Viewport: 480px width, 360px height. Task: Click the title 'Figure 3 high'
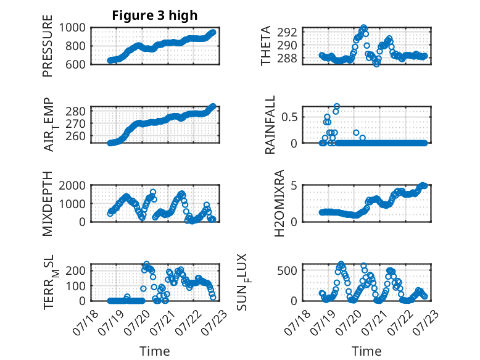(155, 15)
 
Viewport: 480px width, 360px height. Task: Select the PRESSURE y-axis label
(48, 46)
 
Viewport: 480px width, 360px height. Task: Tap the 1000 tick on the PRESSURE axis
(72, 28)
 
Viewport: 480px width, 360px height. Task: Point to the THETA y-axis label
(266, 46)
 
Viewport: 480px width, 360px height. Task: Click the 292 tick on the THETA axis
(287, 32)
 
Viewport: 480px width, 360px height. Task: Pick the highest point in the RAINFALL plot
(337, 107)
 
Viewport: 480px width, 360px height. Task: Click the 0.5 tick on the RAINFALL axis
(289, 117)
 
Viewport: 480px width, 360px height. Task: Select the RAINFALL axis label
(270, 125)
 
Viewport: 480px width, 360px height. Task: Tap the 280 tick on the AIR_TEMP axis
(75, 111)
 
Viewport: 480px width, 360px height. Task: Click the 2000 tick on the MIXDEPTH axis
(72, 185)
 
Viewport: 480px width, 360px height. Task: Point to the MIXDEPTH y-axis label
(48, 203)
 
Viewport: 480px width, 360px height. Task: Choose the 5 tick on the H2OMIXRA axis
(294, 185)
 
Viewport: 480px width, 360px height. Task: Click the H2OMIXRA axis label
(279, 203)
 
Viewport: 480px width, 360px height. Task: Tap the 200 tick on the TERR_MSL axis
(75, 270)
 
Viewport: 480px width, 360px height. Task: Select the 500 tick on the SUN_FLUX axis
(287, 270)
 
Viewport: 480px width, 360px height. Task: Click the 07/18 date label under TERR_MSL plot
(85, 322)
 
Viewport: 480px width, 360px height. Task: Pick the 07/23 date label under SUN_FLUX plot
(425, 322)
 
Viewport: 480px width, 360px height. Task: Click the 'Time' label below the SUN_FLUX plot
(366, 351)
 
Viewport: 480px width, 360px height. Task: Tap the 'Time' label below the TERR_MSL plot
(155, 351)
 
